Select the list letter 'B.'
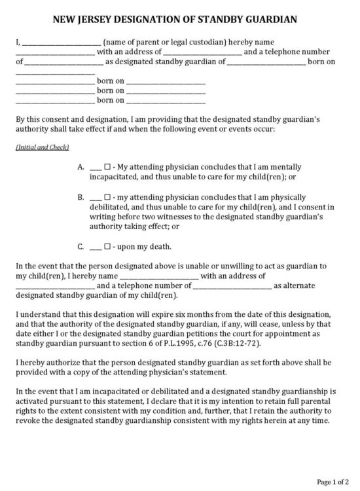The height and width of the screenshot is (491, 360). click(x=81, y=197)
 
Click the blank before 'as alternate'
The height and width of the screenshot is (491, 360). click(x=232, y=286)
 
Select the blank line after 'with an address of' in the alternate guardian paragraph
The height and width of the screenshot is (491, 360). click(x=265, y=276)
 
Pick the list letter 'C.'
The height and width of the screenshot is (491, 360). click(x=81, y=247)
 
